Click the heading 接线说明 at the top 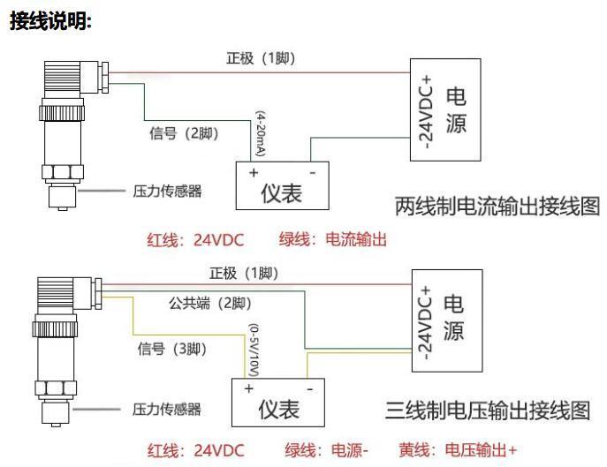point(50,22)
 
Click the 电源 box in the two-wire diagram point(446,110)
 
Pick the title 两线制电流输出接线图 point(497,207)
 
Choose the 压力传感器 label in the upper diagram point(166,190)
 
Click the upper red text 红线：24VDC point(194,239)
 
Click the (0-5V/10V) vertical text point(254,348)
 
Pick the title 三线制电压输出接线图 point(487,411)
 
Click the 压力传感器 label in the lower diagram point(166,410)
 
